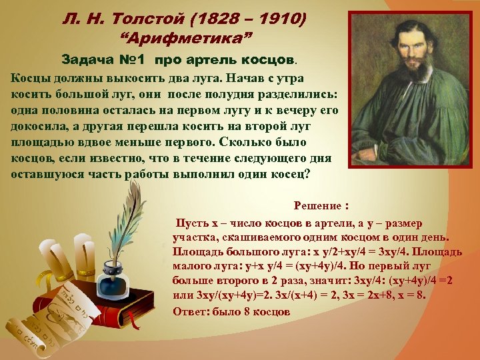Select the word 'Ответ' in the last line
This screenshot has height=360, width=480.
(x=194, y=311)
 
